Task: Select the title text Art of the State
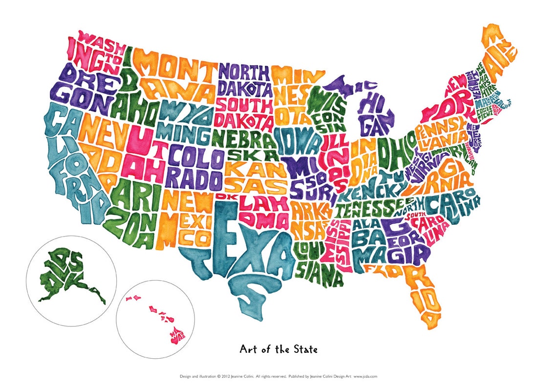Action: (278, 349)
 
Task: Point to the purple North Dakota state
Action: (243, 81)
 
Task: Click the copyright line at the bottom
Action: (278, 376)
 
